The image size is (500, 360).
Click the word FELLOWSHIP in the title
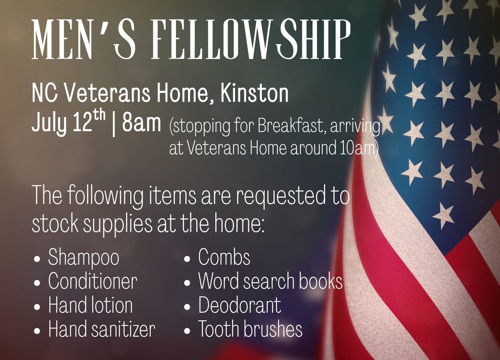tap(251, 39)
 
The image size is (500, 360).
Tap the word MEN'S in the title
tap(83, 39)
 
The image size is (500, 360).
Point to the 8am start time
tap(142, 123)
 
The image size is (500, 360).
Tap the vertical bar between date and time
tap(114, 125)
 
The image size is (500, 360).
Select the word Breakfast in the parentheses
tap(291, 126)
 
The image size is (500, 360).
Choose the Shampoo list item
tap(84, 258)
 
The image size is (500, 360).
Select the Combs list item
tap(224, 257)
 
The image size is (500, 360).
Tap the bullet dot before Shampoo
tap(37, 259)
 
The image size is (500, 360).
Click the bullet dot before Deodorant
tap(187, 307)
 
